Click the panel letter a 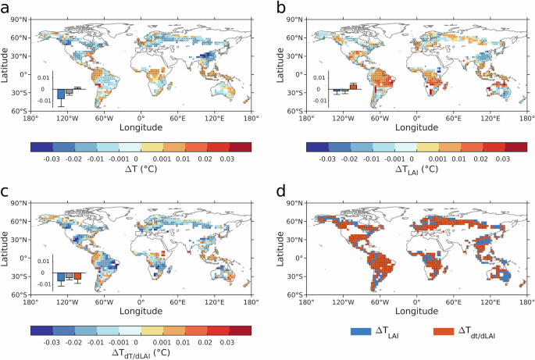(6, 8)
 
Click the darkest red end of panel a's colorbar (241, 147)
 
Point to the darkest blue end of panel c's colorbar (41, 330)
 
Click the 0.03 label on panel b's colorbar (505, 159)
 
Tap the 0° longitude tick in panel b (415, 119)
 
